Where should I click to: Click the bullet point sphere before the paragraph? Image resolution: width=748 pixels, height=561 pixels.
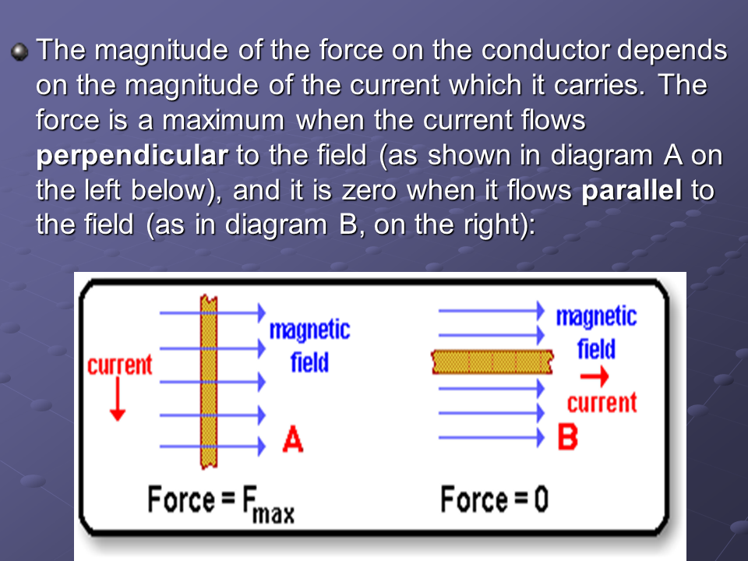[19, 51]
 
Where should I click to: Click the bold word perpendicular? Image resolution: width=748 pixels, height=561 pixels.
[132, 157]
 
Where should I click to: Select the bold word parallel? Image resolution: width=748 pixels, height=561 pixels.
[632, 190]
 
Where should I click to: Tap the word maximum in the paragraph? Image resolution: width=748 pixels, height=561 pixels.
[224, 120]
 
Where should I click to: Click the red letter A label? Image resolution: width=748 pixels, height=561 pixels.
[293, 439]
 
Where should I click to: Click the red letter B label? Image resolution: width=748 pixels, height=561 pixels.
[568, 437]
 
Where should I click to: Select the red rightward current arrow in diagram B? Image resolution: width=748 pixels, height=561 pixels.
[595, 376]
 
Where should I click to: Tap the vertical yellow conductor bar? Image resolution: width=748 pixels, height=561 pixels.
[209, 382]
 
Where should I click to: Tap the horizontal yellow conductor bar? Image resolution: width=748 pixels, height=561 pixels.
[492, 362]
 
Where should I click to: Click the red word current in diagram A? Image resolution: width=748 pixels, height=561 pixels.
[120, 365]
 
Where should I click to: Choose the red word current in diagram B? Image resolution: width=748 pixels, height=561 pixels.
[602, 403]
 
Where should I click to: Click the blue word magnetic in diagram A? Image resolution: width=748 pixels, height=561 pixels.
[309, 330]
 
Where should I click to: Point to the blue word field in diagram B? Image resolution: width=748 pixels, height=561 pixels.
[596, 349]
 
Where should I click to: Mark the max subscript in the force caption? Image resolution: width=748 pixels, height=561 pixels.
[273, 513]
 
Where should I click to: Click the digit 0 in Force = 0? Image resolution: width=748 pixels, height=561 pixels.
[541, 499]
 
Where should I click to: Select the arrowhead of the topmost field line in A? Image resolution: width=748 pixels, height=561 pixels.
[262, 312]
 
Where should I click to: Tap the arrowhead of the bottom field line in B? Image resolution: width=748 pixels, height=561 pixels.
[541, 437]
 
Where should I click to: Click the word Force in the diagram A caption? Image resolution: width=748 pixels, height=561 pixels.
[182, 499]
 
